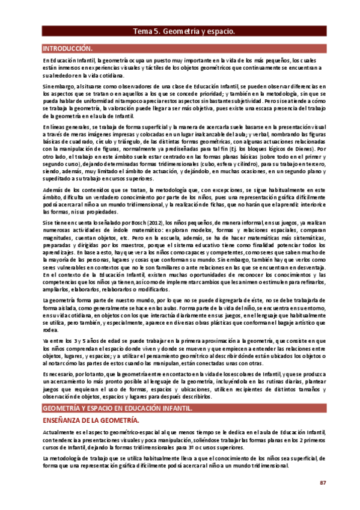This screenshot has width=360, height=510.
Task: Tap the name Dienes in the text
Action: click(x=306, y=149)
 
